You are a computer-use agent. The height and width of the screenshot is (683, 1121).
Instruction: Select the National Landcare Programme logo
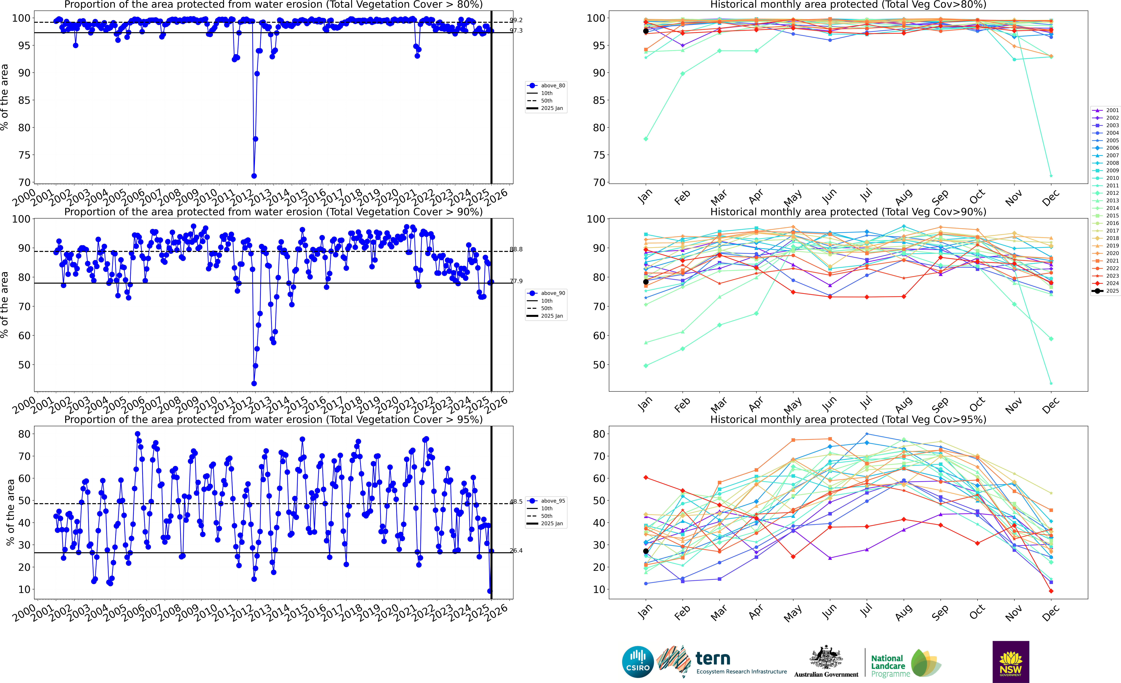(x=905, y=664)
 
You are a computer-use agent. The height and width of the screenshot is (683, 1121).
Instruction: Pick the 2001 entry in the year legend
(x=1106, y=110)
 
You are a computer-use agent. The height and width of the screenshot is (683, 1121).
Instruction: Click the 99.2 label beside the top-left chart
(x=516, y=20)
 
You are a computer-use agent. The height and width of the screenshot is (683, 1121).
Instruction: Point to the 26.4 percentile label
(x=516, y=550)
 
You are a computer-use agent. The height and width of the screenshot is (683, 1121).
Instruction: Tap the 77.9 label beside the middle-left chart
(x=516, y=281)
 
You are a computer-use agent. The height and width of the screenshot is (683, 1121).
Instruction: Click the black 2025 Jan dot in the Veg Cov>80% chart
(x=646, y=31)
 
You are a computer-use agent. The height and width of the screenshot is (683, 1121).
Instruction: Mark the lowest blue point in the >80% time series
(x=254, y=176)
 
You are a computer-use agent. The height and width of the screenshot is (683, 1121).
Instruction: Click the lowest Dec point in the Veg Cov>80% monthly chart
(x=1051, y=176)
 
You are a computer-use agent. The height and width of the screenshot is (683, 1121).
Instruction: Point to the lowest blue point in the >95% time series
(x=490, y=591)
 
